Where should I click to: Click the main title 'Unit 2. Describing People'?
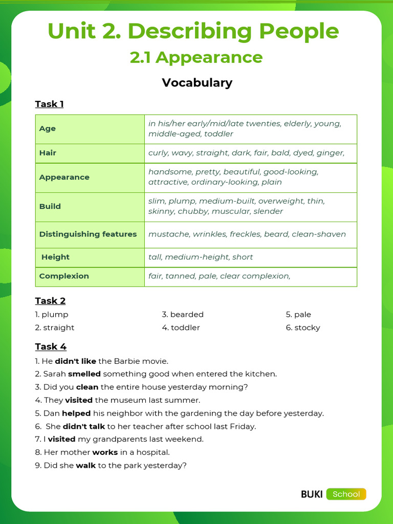point(193,31)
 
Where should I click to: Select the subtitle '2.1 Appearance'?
point(196,57)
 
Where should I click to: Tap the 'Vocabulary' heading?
point(197,82)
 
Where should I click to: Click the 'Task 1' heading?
point(49,104)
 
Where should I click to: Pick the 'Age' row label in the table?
point(48,128)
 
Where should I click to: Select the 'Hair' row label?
point(48,153)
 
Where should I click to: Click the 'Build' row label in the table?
point(50,206)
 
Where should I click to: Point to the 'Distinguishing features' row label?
point(88,234)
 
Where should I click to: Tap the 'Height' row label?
point(55,257)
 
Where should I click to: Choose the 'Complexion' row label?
point(64,276)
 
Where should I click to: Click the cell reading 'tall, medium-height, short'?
point(201,257)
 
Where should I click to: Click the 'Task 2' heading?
point(50,300)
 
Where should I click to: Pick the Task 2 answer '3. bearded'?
point(183,314)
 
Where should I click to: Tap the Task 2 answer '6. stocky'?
point(303,327)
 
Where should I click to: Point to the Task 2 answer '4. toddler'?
point(181,327)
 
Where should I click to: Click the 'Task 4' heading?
point(51,346)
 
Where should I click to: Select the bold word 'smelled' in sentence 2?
point(84,374)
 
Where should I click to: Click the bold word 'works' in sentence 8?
point(105,452)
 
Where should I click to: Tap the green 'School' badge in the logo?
point(346,494)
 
